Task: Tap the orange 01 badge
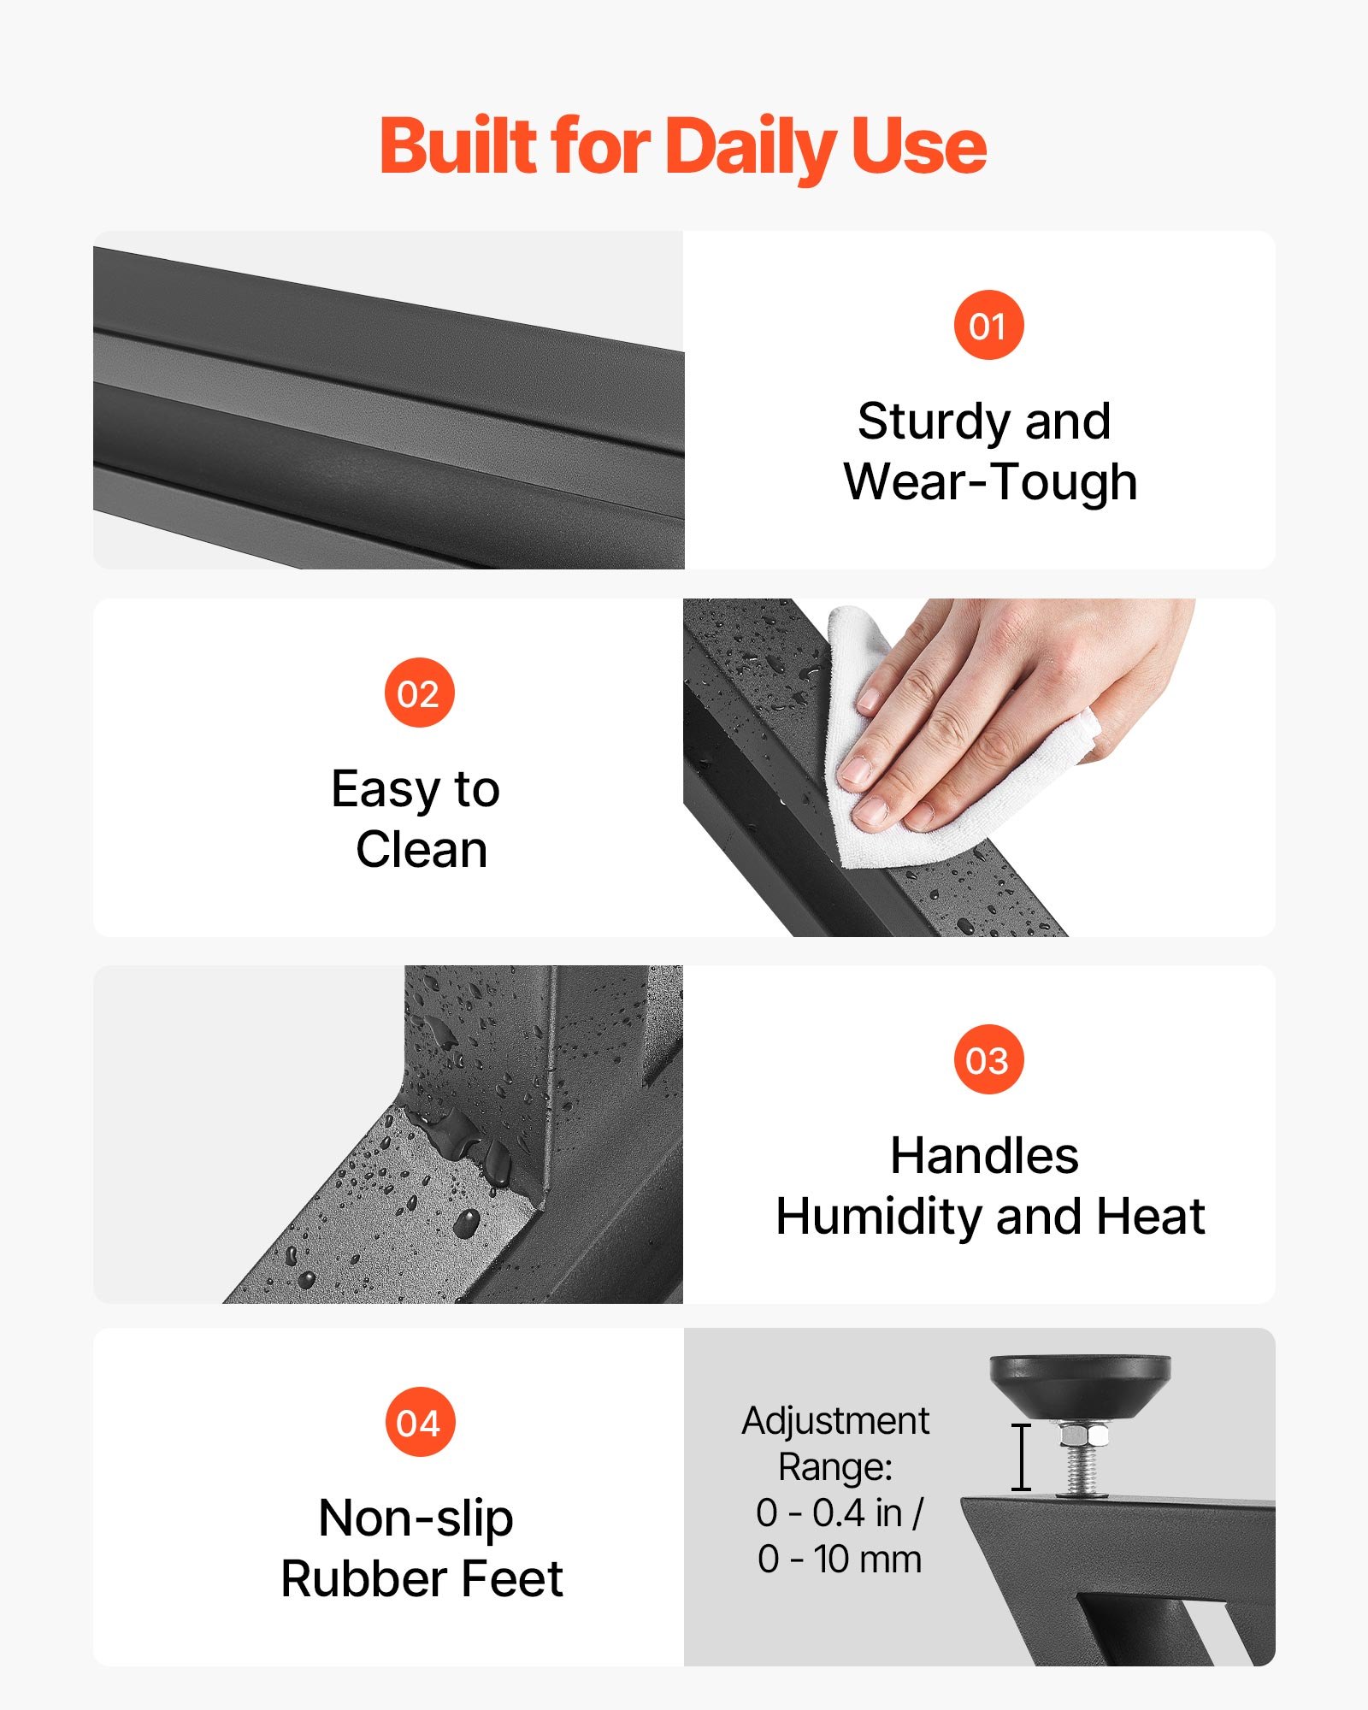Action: click(x=988, y=325)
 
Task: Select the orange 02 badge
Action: click(x=419, y=693)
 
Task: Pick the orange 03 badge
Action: click(x=988, y=1059)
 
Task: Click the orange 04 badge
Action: click(x=419, y=1423)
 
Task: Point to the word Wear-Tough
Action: click(x=990, y=481)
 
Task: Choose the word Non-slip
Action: click(x=416, y=1519)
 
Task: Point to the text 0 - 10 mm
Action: click(x=839, y=1559)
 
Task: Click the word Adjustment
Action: click(x=835, y=1421)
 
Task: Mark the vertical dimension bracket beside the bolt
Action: click(x=1021, y=1457)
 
